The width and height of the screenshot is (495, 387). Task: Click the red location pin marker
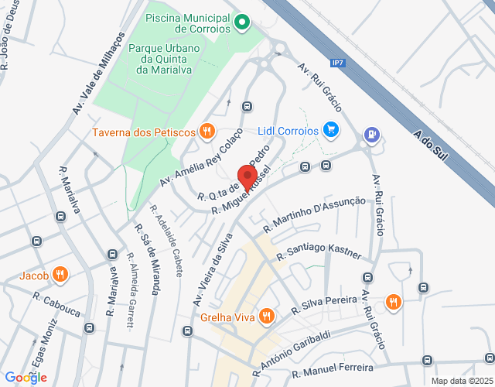(x=247, y=177)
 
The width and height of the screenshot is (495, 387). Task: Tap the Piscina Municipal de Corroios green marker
(x=241, y=22)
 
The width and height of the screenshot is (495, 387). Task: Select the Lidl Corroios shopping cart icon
(x=331, y=130)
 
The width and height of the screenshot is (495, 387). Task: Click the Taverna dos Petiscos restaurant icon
(x=206, y=132)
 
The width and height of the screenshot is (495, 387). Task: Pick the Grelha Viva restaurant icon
(x=266, y=316)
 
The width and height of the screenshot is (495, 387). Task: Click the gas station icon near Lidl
(x=373, y=135)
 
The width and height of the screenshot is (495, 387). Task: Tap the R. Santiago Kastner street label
(x=323, y=254)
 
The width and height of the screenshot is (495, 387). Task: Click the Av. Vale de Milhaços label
(x=99, y=74)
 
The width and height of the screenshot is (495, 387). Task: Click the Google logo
(x=26, y=377)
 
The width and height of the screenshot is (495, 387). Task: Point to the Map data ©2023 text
(x=461, y=381)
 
